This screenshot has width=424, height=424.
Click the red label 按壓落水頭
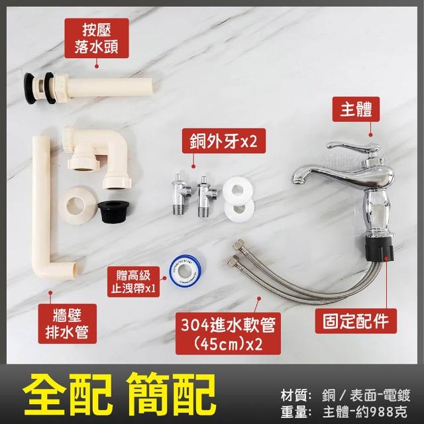(x=96, y=38)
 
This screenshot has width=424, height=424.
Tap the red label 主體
(x=356, y=109)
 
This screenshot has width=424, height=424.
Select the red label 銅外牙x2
(x=224, y=140)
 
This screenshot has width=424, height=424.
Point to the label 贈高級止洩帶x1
(x=134, y=282)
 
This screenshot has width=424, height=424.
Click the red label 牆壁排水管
(x=68, y=324)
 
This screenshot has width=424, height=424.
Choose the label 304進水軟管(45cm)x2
(x=228, y=334)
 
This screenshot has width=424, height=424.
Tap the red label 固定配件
(x=356, y=321)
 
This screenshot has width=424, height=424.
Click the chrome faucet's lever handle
(x=352, y=148)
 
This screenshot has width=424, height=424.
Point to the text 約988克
(x=383, y=413)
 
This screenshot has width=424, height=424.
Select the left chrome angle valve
(x=181, y=193)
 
